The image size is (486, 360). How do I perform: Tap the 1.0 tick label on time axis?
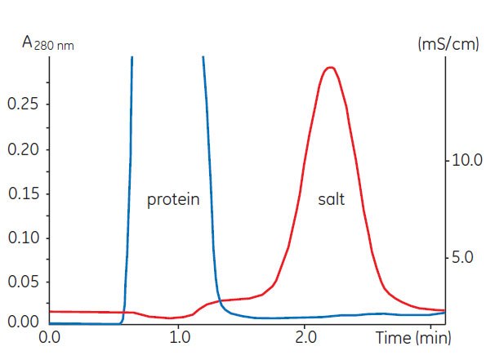[x=177, y=336]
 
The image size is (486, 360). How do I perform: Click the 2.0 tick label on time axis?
[x=305, y=336]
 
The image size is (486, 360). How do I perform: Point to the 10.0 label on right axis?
[x=466, y=160]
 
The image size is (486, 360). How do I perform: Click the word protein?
[x=173, y=200]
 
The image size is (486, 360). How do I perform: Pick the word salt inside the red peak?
[x=331, y=200]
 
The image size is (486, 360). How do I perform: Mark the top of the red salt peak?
[x=329, y=68]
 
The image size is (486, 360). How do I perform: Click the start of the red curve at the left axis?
[x=51, y=312]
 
